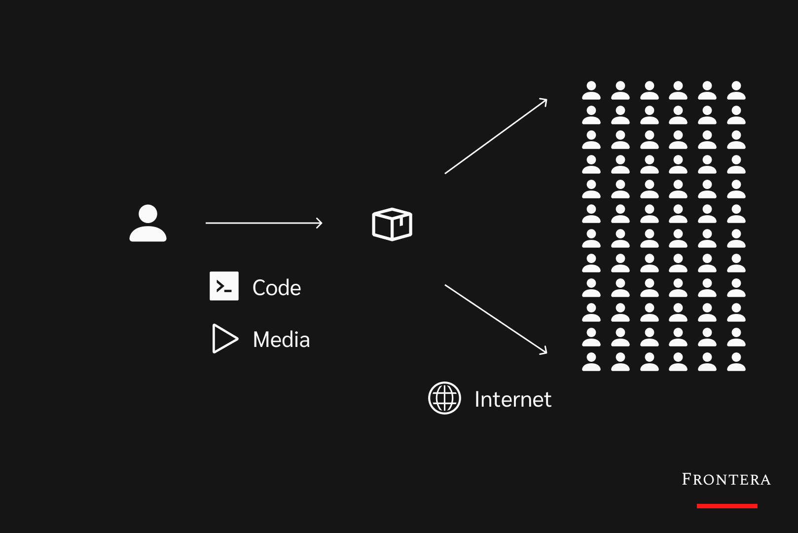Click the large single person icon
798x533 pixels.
pyautogui.click(x=148, y=224)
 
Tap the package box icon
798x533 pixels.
pyautogui.click(x=392, y=224)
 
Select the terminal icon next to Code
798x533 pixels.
pyautogui.click(x=224, y=286)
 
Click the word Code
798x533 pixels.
pyautogui.click(x=276, y=288)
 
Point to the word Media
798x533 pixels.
pyautogui.click(x=281, y=340)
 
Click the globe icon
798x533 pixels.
pyautogui.click(x=444, y=398)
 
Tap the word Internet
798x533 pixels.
pyautogui.click(x=512, y=399)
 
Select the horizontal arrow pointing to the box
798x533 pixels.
pyautogui.click(x=264, y=223)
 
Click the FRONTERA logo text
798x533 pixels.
pyautogui.click(x=726, y=479)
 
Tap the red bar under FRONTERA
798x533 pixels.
pyautogui.click(x=727, y=506)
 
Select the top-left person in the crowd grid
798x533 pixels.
pyautogui.click(x=591, y=91)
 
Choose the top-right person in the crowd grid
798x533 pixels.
pyautogui.click(x=736, y=91)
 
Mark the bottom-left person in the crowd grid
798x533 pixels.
pyautogui.click(x=591, y=362)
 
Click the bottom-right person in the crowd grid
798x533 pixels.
pyautogui.click(x=736, y=362)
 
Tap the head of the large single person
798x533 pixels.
pyautogui.click(x=148, y=214)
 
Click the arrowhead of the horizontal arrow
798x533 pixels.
pyautogui.click(x=320, y=223)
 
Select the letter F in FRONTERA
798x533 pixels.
pyautogui.click(x=687, y=479)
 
